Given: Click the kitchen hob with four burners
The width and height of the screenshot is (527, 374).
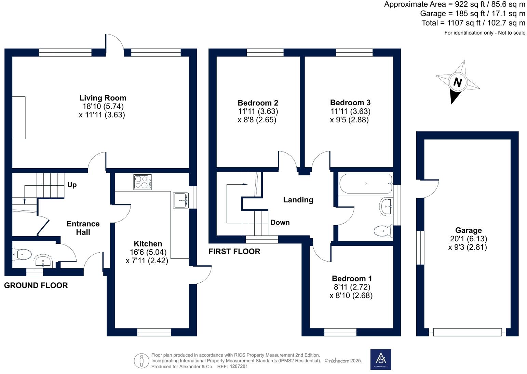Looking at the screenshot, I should tap(143, 182).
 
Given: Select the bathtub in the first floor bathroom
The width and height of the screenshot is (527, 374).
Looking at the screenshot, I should tap(365, 184).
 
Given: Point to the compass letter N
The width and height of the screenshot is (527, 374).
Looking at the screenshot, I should tap(457, 82).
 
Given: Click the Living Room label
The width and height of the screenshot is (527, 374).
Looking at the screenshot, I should tap(103, 98).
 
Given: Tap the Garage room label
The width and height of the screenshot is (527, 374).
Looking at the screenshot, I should tap(468, 230).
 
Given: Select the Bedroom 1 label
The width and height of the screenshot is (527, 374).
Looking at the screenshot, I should tap(352, 279).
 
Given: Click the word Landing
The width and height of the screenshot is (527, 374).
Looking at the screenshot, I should tap(298, 200).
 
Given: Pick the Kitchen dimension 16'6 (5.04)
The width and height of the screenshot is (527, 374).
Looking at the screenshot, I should tap(148, 252).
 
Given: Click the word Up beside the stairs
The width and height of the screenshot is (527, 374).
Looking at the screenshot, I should tap(72, 185).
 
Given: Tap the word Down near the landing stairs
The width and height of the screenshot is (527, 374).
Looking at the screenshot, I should tap(280, 223).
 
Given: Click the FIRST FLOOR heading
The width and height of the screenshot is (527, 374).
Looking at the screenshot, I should tap(234, 252).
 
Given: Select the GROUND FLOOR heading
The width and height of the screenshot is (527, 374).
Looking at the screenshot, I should tap(36, 285).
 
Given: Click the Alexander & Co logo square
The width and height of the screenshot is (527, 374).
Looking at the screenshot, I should tap(381, 359).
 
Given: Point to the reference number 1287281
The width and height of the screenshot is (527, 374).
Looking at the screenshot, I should tap(239, 366).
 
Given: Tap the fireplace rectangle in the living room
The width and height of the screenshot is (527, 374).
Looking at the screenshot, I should tap(19, 118).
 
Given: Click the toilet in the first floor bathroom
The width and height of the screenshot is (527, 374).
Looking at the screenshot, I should tap(383, 231).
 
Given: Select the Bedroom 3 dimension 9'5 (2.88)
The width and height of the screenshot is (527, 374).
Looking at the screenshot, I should tap(349, 120).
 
